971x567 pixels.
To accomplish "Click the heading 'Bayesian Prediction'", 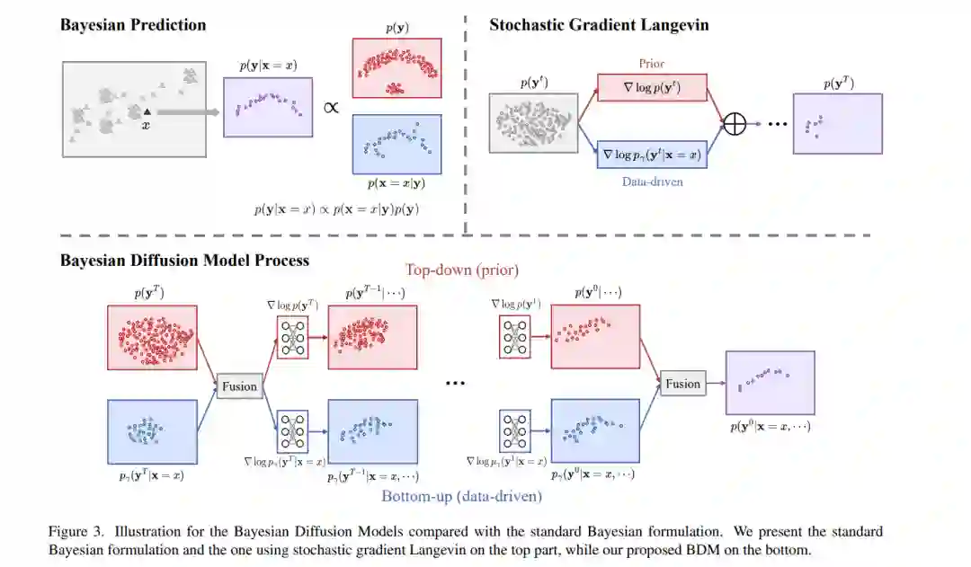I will click(x=133, y=25).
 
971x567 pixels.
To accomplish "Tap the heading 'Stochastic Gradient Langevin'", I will click(x=599, y=25).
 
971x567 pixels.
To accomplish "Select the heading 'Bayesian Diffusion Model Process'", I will click(x=184, y=261).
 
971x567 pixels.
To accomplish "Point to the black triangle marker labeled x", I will click(x=146, y=111).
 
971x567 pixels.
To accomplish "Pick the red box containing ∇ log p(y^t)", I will click(x=652, y=87).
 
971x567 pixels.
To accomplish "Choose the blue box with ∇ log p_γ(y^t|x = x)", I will click(x=652, y=154).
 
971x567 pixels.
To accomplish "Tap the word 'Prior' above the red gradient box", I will click(x=652, y=64).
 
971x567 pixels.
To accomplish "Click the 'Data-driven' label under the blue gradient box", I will click(x=652, y=181).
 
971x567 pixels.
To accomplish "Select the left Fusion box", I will click(x=239, y=386).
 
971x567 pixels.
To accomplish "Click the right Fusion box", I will click(x=682, y=384).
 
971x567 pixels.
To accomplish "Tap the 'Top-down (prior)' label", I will click(x=462, y=270).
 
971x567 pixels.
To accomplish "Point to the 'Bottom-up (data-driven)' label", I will click(x=461, y=496).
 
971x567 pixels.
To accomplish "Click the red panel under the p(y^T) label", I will click(x=152, y=336).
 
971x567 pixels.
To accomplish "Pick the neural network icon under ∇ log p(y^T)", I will click(x=293, y=338).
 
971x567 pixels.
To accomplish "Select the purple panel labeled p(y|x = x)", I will click(x=268, y=107).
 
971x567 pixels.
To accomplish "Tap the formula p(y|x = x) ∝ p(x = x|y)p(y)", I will click(x=336, y=209).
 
